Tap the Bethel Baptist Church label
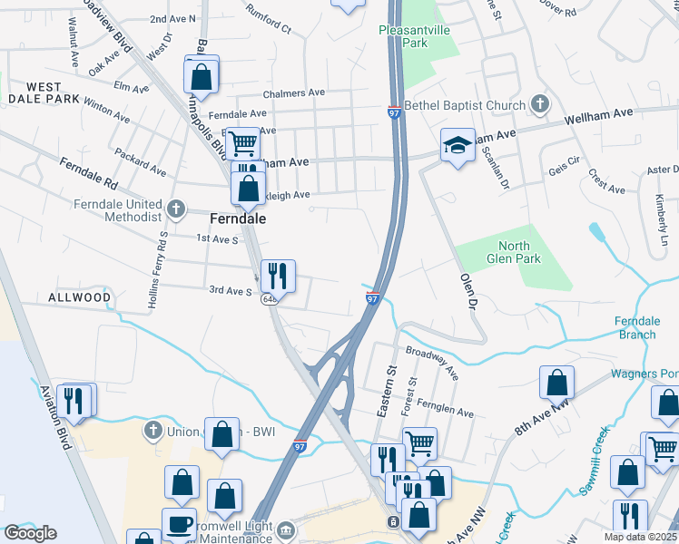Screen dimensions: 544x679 pyautogui.click(x=466, y=105)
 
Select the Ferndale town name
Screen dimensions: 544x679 pyautogui.click(x=237, y=219)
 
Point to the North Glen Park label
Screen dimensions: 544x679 pyautogui.click(x=519, y=252)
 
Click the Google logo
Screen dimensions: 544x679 pyautogui.click(x=30, y=533)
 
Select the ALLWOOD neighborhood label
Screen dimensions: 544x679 pyautogui.click(x=80, y=297)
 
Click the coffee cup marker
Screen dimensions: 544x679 pyautogui.click(x=179, y=523)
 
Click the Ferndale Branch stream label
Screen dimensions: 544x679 pyautogui.click(x=636, y=328)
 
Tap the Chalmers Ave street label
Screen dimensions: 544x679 pyautogui.click(x=293, y=93)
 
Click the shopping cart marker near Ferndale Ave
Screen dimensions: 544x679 pyautogui.click(x=243, y=142)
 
